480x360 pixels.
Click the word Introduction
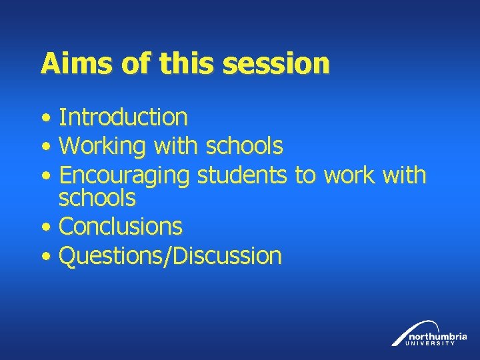point(123,117)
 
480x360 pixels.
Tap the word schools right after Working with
point(245,145)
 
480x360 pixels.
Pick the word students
point(243,175)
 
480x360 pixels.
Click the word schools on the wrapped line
point(97,198)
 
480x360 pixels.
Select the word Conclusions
point(121,226)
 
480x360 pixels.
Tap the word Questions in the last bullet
point(113,255)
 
